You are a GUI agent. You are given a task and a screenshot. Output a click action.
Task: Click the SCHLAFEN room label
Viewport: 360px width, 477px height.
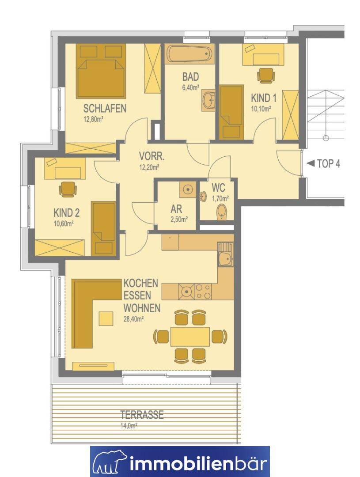(105, 108)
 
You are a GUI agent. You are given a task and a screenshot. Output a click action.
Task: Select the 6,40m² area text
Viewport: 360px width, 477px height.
(190, 88)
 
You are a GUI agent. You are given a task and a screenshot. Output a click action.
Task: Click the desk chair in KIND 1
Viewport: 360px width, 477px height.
(265, 75)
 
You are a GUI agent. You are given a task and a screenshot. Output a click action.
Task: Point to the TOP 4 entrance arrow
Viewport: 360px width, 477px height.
(311, 164)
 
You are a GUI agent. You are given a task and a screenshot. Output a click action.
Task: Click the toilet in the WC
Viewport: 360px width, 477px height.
(222, 212)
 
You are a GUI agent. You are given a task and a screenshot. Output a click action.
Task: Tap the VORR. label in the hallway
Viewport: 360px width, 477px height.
(152, 157)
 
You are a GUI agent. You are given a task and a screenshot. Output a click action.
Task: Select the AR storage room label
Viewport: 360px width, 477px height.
(176, 209)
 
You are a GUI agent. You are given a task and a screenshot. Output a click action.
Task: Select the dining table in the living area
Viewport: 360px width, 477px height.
(190, 336)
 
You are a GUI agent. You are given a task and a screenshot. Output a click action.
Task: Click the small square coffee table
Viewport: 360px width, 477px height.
(106, 318)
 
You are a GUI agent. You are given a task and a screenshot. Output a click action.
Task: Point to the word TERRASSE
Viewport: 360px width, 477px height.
(142, 415)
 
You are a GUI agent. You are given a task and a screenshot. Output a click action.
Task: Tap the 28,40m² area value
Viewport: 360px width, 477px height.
(133, 319)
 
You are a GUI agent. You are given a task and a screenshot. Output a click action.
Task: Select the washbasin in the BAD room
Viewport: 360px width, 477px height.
(209, 100)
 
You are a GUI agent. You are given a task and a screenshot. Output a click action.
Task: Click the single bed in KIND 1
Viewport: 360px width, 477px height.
(231, 112)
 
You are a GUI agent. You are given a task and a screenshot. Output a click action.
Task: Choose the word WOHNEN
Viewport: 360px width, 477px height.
(142, 308)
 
